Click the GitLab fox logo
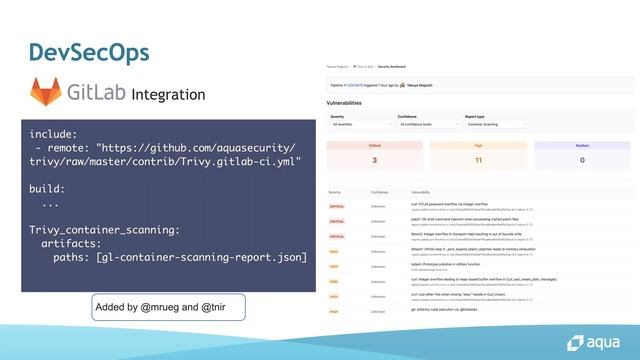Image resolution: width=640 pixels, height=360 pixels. point(46,93)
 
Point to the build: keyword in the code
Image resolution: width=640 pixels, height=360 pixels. point(47,187)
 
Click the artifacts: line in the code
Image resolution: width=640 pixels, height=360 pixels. point(74,243)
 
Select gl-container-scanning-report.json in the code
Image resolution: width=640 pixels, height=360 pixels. point(205,257)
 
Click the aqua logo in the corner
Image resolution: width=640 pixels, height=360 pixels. point(597,335)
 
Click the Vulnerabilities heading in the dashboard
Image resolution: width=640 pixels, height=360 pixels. point(351,103)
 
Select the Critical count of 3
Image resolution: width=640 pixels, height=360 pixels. point(374,160)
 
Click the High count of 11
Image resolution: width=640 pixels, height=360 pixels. point(478,160)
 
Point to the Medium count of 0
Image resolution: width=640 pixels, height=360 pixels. point(581,160)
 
